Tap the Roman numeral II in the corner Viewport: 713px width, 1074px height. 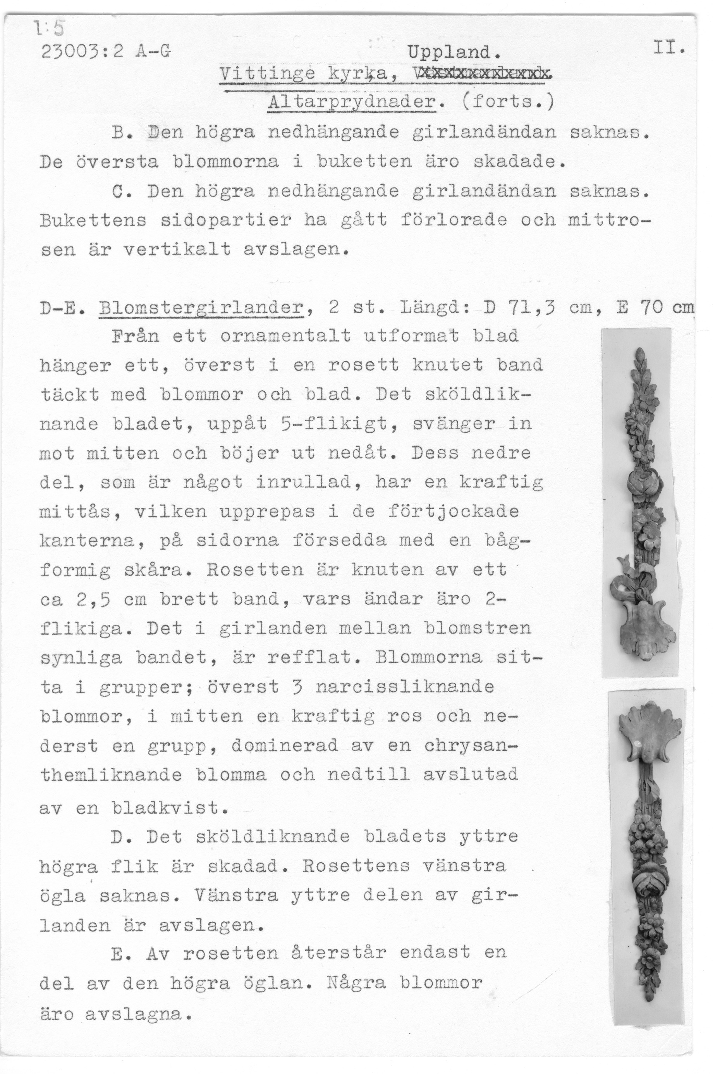[668, 47]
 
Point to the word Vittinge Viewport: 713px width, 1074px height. [267, 74]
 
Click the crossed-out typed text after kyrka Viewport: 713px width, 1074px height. [478, 73]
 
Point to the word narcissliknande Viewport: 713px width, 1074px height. [405, 687]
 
